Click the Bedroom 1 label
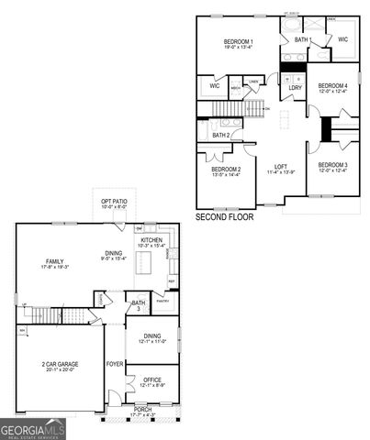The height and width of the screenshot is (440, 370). coord(239,43)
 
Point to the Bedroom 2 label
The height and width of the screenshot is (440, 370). coord(226,170)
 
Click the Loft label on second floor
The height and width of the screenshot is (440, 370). coord(281,167)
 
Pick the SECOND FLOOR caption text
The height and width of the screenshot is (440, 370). coord(225,217)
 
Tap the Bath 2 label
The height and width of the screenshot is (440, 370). coord(220,136)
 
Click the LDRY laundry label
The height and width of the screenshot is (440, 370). coord(296,88)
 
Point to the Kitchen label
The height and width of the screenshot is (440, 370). coord(150,240)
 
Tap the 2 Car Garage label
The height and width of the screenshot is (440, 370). coord(60,364)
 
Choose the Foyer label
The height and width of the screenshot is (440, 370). coord(115,364)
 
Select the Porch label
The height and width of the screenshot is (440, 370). coord(143,409)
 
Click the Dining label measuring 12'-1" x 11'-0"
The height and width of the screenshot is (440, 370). coord(152,337)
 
